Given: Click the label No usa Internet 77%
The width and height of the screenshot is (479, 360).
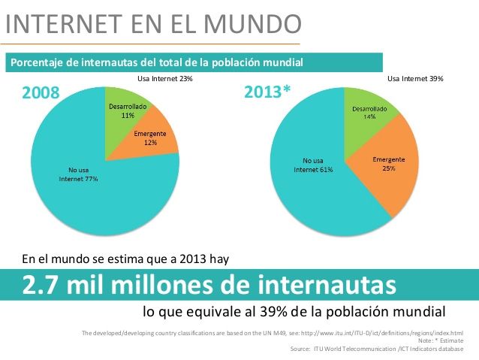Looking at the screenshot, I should pos(78,174).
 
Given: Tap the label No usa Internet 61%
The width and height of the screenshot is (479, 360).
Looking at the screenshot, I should pos(313,165).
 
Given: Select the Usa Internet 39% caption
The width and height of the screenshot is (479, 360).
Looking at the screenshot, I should pos(415,78).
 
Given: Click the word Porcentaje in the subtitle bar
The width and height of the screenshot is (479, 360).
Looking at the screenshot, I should pos(34,62).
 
